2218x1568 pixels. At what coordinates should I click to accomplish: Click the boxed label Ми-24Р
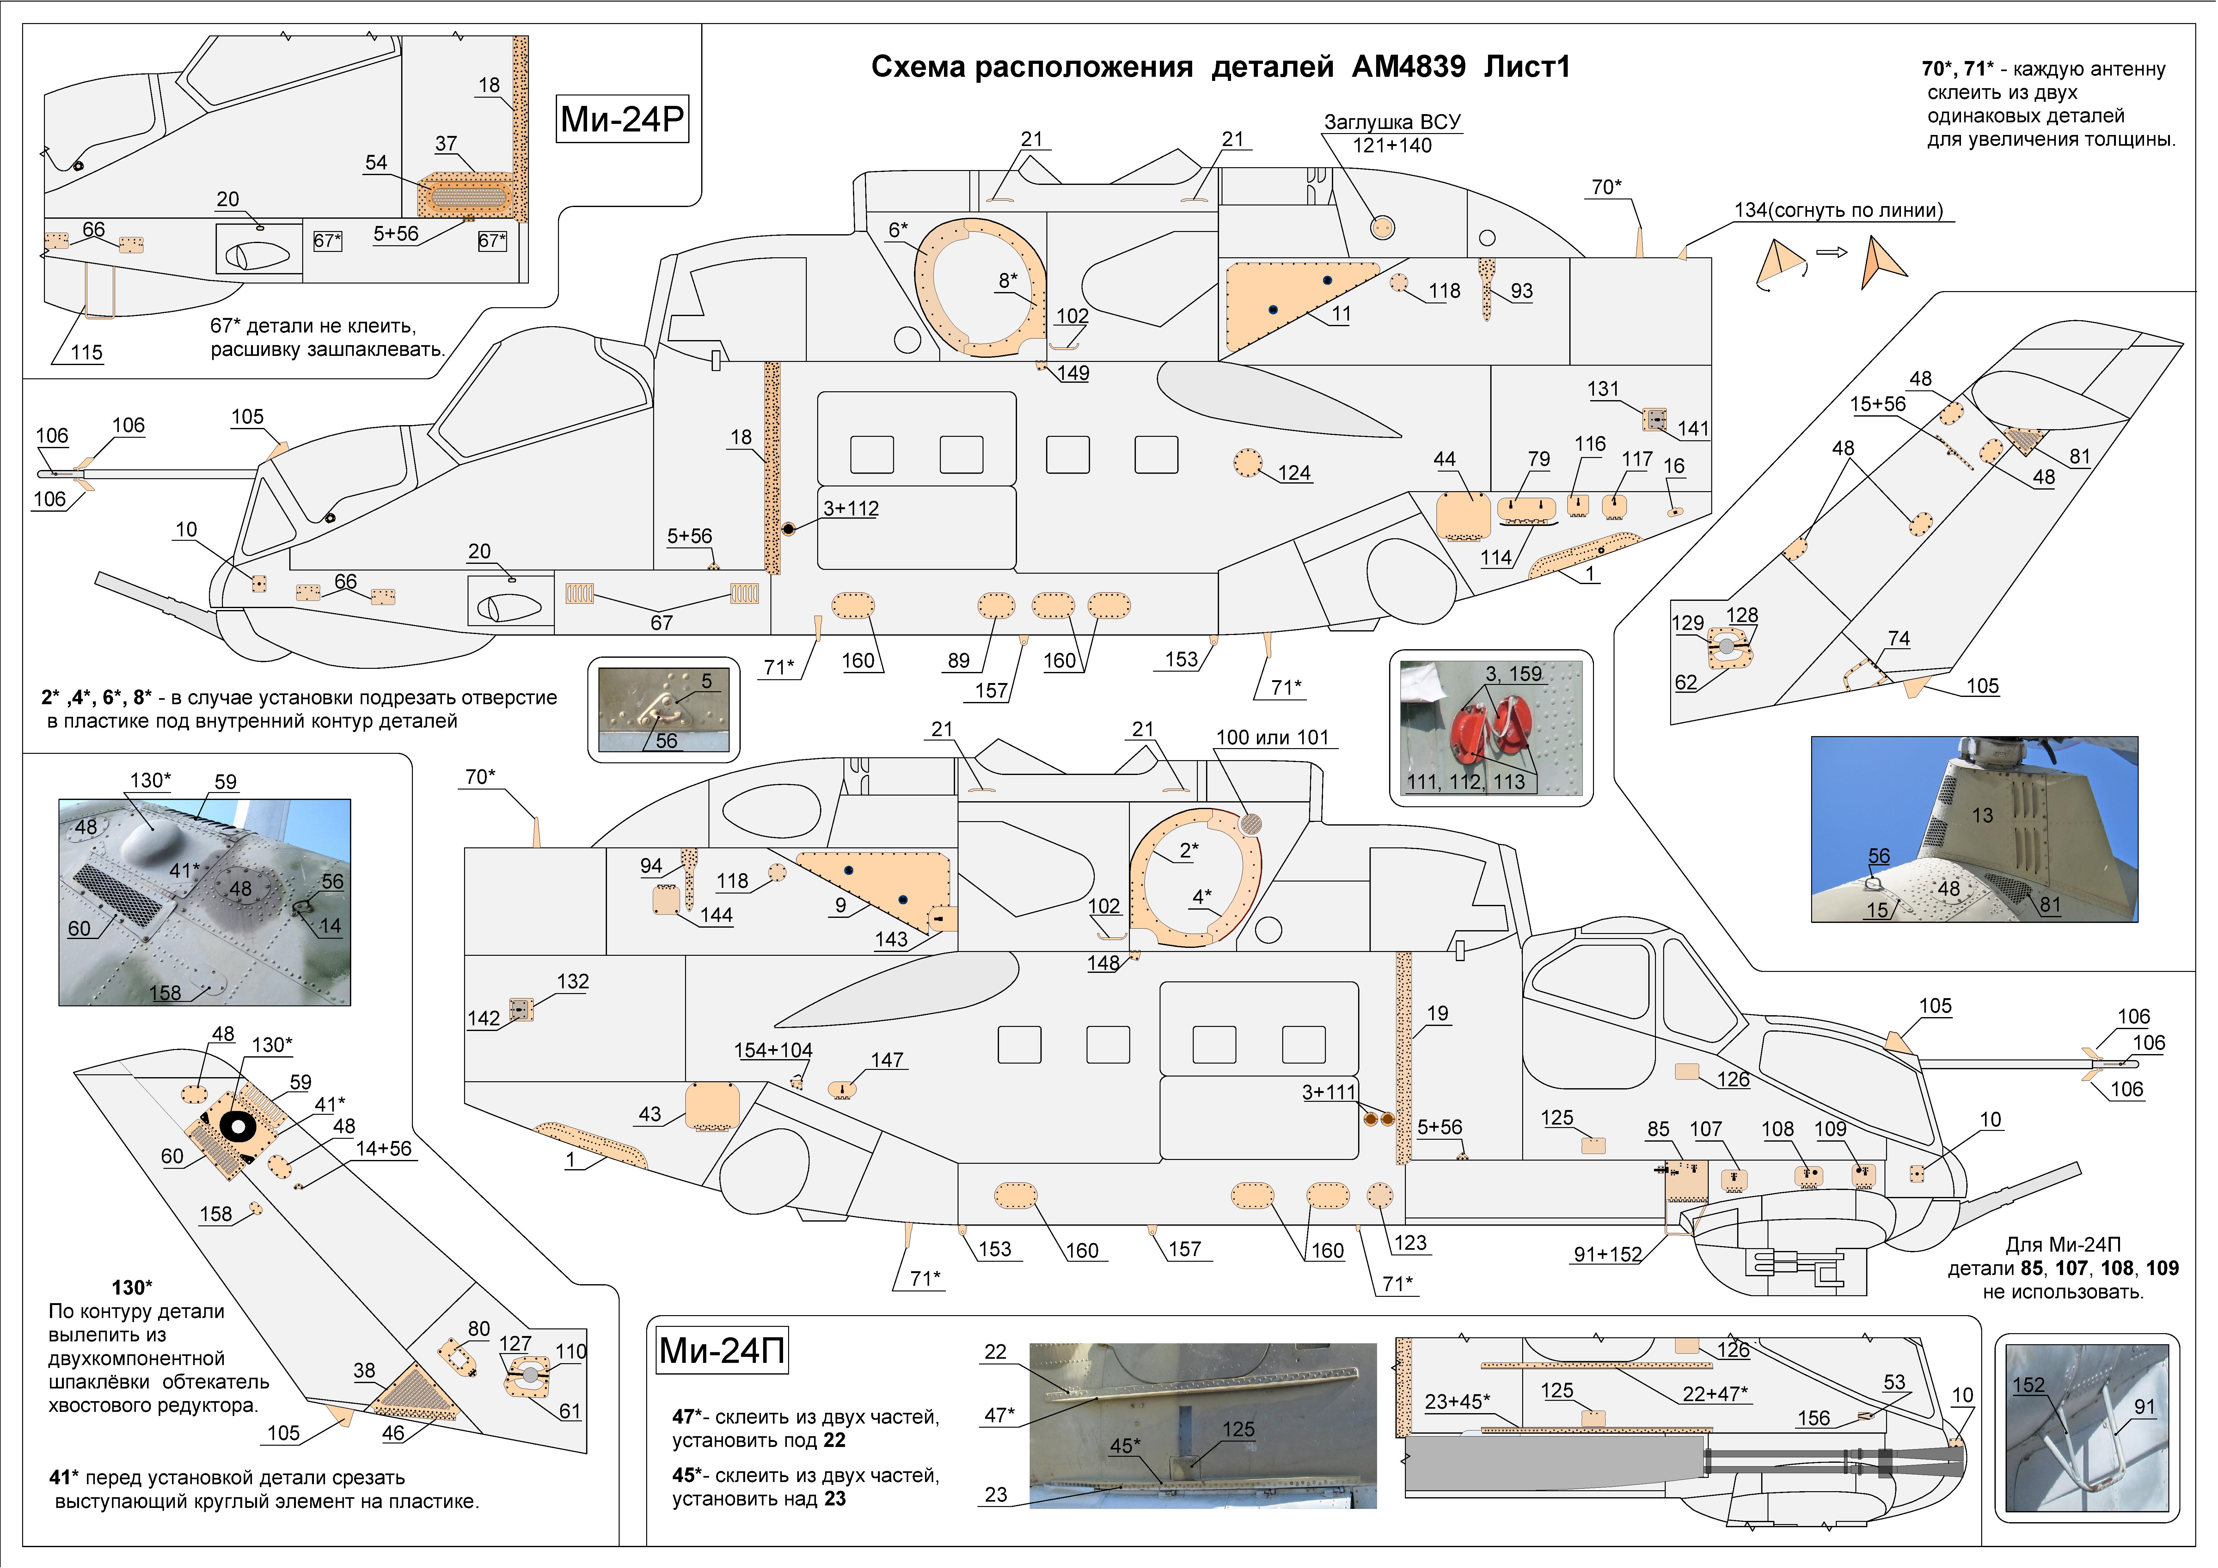(x=622, y=119)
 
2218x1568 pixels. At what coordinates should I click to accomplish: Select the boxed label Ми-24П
(x=722, y=1350)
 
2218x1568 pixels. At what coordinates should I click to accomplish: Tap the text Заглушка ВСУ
(x=1392, y=122)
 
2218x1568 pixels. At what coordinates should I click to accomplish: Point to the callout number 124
(x=1295, y=473)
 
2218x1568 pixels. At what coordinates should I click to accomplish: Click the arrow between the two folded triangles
(x=1832, y=253)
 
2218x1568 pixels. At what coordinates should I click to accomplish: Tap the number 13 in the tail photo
(x=1982, y=815)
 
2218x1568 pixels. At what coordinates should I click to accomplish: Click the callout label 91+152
(x=1608, y=1254)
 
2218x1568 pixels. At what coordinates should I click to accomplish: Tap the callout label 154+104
(x=773, y=1050)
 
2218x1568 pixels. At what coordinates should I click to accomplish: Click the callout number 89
(x=958, y=660)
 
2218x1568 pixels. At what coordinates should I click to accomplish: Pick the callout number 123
(x=1410, y=1242)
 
